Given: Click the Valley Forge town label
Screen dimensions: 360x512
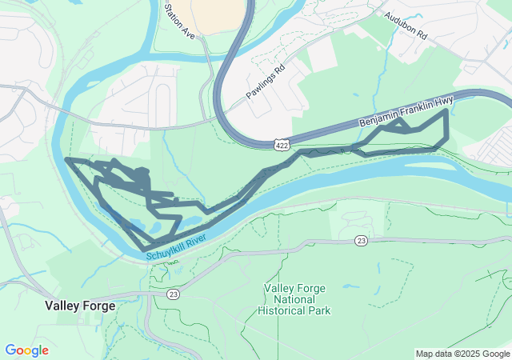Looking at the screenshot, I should click(x=80, y=306).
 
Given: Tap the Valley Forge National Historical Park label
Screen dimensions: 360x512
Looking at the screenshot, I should click(x=297, y=298).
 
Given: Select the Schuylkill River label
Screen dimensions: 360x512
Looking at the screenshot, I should click(x=178, y=247).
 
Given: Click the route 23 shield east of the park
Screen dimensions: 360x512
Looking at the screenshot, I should click(x=362, y=240).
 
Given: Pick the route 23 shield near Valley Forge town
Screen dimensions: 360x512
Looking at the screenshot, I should click(x=174, y=294).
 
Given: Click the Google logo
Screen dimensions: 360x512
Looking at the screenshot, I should click(x=26, y=350).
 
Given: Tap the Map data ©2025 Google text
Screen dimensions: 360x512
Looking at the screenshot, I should click(x=462, y=354).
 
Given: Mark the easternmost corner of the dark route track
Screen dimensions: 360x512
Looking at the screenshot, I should click(x=446, y=111).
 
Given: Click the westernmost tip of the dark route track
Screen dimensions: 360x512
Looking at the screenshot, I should click(x=66, y=160).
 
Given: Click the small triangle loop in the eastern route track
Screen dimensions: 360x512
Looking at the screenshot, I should click(x=401, y=126).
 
